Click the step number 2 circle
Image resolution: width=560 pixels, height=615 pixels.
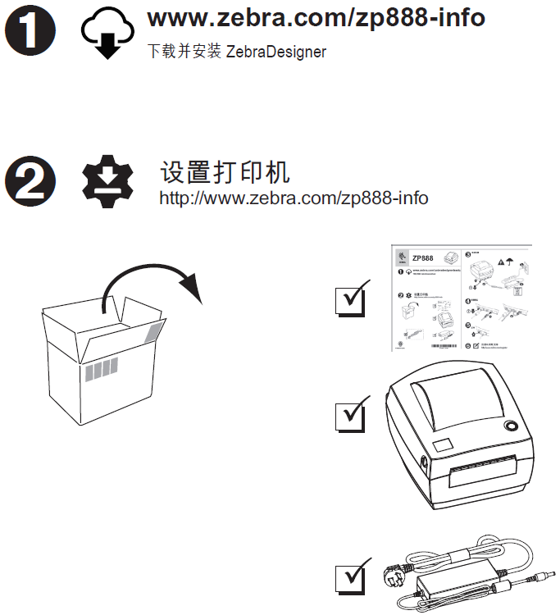pyautogui.click(x=30, y=180)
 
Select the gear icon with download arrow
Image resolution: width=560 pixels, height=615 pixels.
pyautogui.click(x=107, y=181)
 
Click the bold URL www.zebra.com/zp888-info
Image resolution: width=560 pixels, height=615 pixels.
pyautogui.click(x=316, y=18)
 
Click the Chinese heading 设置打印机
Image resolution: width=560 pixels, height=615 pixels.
pyautogui.click(x=225, y=172)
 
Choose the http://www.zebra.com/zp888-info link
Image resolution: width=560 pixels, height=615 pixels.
pyautogui.click(x=293, y=198)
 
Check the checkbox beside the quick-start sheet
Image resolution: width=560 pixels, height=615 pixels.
pyautogui.click(x=352, y=300)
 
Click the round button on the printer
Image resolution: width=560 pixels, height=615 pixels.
pyautogui.click(x=512, y=427)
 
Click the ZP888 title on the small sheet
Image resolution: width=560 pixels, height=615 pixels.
pyautogui.click(x=422, y=257)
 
